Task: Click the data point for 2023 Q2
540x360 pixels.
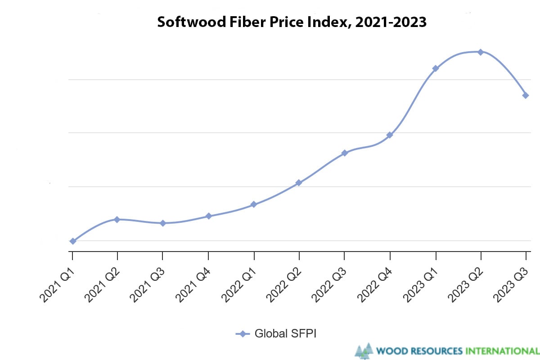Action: coord(481,52)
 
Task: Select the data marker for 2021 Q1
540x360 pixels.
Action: coord(72,241)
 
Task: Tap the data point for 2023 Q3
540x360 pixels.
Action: coord(526,95)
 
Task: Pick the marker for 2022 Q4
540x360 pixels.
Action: coord(390,135)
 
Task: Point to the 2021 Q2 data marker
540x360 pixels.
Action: coord(117,220)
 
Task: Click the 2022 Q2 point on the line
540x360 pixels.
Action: coord(299,183)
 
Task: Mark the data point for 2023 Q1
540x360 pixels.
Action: coord(435,68)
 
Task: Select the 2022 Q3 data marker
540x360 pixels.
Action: coord(345,153)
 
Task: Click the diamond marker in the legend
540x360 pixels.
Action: coord(243,333)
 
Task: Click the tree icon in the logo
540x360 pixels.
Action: coord(364,351)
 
